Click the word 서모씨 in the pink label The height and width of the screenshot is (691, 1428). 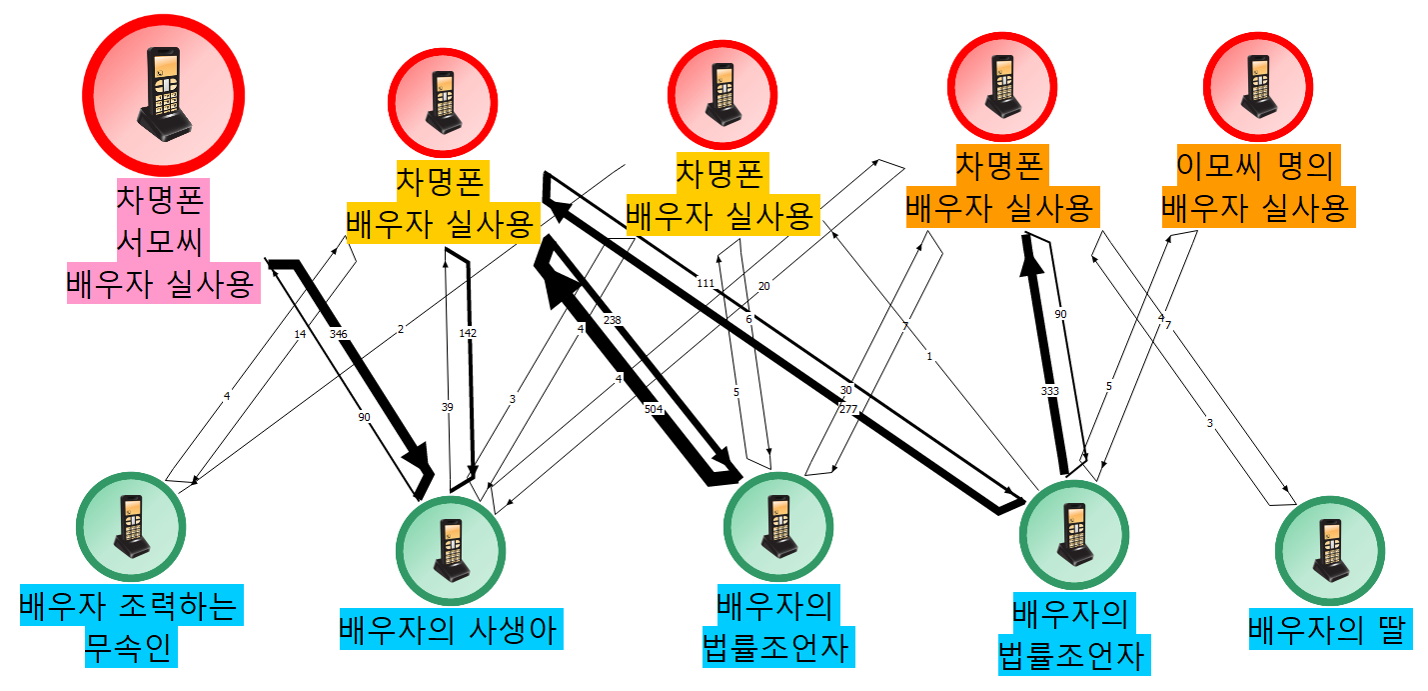[x=162, y=243]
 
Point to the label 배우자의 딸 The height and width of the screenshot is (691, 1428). [x=1327, y=630]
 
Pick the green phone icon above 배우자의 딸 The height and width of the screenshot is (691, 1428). [x=1329, y=544]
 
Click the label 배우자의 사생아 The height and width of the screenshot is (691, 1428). [x=448, y=630]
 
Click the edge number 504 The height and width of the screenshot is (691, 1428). [x=653, y=408]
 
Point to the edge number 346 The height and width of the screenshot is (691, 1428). [x=338, y=333]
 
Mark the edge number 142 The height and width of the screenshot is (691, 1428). [x=469, y=332]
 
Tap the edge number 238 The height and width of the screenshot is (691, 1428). [x=613, y=320]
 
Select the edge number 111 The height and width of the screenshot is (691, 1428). [x=706, y=284]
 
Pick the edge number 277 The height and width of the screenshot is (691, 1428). [x=848, y=408]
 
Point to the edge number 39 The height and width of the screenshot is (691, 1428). [x=447, y=407]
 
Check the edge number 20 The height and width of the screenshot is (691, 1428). [x=764, y=286]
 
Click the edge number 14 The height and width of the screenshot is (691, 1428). [x=300, y=334]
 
